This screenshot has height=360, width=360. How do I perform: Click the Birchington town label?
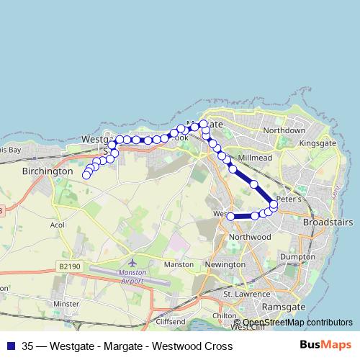pyautogui.click(x=48, y=172)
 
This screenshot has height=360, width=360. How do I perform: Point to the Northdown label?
pyautogui.click(x=284, y=130)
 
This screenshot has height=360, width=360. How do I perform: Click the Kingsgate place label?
pyautogui.click(x=318, y=143)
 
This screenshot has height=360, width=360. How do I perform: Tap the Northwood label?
pyautogui.click(x=248, y=237)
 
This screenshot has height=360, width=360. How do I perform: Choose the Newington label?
pyautogui.click(x=225, y=265)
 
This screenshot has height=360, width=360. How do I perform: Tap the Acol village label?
pyautogui.click(x=58, y=225)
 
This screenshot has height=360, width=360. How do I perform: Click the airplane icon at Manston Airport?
pyautogui.click(x=131, y=261)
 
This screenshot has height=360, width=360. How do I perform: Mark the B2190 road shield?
pyautogui.click(x=69, y=266)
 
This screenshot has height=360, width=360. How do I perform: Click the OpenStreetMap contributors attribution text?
pyautogui.click(x=297, y=323)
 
